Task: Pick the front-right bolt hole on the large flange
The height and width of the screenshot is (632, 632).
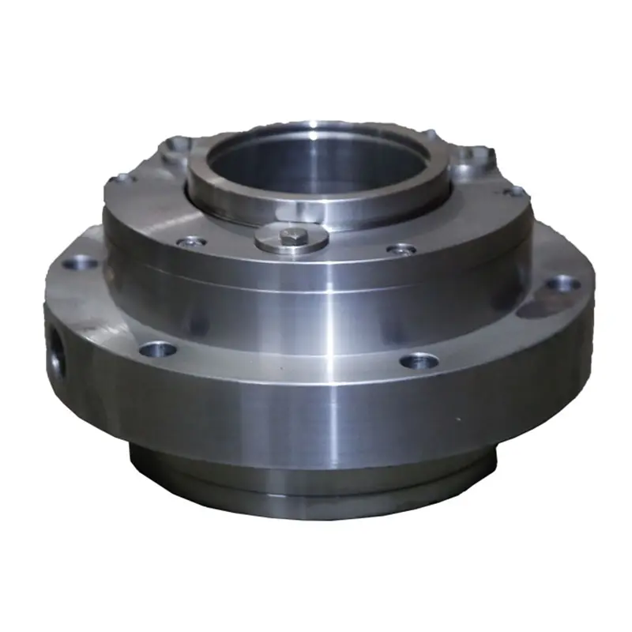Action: pyautogui.click(x=419, y=361)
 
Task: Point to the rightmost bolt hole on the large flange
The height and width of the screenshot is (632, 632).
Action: pyautogui.click(x=562, y=282)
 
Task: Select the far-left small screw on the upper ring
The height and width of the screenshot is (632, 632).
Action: pyautogui.click(x=120, y=179)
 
